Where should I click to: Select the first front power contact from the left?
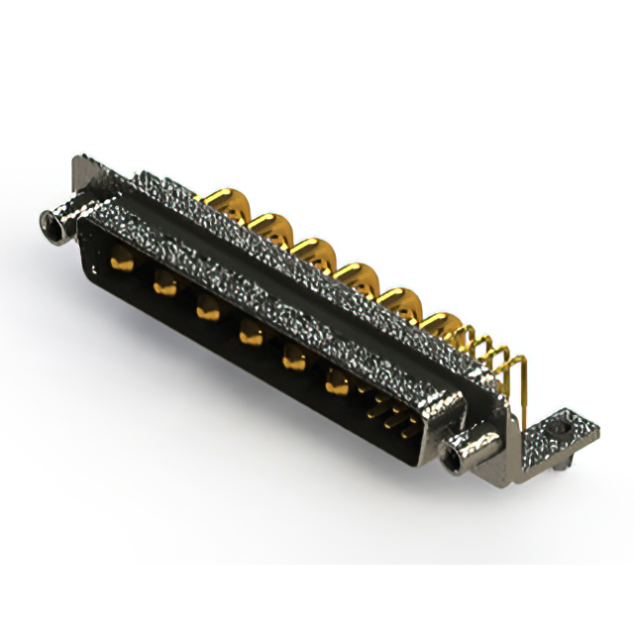coord(123,264)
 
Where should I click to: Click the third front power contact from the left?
coord(206,309)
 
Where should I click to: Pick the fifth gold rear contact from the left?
coord(398,299)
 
